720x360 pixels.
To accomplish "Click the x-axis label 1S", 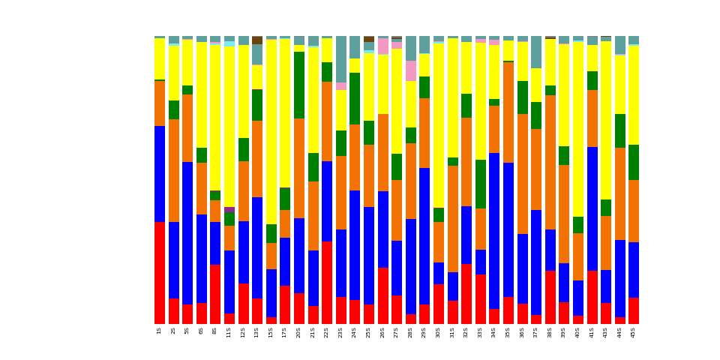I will pyautogui.click(x=160, y=330).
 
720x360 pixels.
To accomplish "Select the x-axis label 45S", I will pyautogui.click(x=634, y=331).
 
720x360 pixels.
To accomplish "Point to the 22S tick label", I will pyautogui.click(x=327, y=331).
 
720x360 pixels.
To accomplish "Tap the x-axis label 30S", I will pyautogui.click(x=438, y=331).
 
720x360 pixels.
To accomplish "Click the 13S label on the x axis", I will pyautogui.click(x=257, y=331).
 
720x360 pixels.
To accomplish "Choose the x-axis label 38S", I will pyautogui.click(x=550, y=331).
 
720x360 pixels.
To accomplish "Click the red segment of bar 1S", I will pyautogui.click(x=160, y=273).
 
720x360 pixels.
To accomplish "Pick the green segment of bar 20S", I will pyautogui.click(x=299, y=85).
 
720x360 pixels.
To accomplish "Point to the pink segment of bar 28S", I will pyautogui.click(x=411, y=70).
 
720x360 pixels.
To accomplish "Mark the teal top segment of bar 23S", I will pyautogui.click(x=341, y=59).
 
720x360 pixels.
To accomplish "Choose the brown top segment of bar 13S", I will pyautogui.click(x=257, y=40).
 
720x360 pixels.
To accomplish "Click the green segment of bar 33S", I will pyautogui.click(x=480, y=184).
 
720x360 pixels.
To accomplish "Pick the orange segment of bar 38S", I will pyautogui.click(x=550, y=162).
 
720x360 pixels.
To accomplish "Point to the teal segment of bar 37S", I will pyautogui.click(x=536, y=52).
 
